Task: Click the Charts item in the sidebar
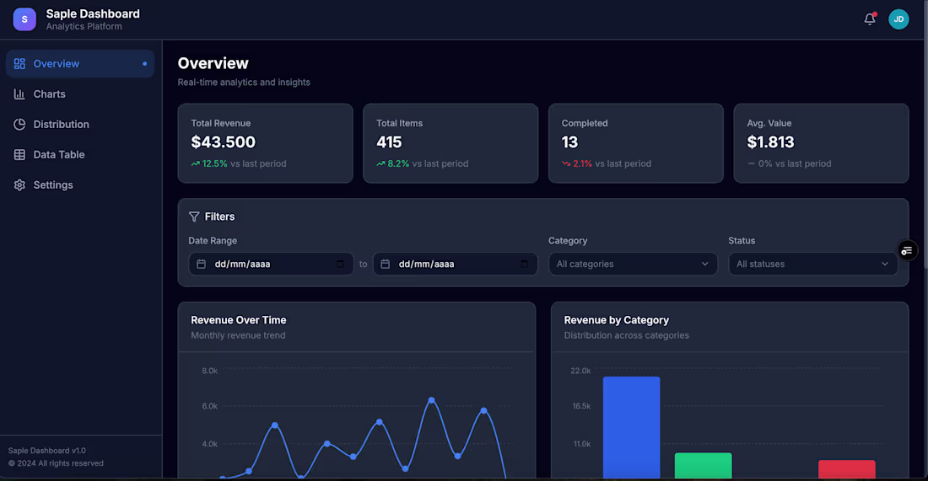[49, 94]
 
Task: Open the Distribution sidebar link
[61, 125]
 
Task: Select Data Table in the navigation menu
[58, 155]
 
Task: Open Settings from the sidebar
[52, 185]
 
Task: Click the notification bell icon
[870, 19]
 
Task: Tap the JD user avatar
[898, 19]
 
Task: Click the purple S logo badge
[24, 19]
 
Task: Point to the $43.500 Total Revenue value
[223, 142]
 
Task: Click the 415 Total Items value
[389, 142]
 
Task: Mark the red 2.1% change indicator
[582, 163]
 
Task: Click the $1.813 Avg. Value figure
[770, 142]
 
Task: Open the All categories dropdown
[633, 264]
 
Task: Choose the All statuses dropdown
[812, 264]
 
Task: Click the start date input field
[271, 264]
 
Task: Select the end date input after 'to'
[455, 264]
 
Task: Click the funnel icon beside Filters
[194, 216]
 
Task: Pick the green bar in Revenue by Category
[703, 465]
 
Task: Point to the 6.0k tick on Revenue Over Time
[209, 406]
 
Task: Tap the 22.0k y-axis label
[580, 371]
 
